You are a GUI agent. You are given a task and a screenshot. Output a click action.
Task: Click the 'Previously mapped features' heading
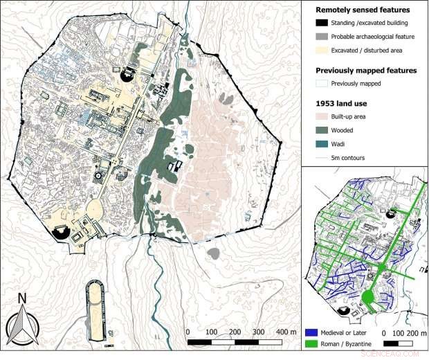(x=365, y=70)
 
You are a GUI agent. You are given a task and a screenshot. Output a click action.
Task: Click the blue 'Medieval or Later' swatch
(x=311, y=332)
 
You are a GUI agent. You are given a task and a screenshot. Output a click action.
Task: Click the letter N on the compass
(x=22, y=299)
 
